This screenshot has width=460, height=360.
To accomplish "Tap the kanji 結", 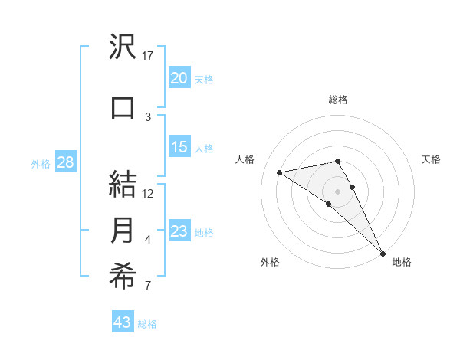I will point(123,185).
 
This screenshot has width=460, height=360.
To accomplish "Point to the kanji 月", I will point(123,231).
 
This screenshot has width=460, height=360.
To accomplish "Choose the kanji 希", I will point(123,277).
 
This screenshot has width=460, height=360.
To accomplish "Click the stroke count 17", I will point(148,56).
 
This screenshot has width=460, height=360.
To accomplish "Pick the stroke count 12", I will point(148,194).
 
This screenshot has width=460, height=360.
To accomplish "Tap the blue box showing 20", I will point(179,78).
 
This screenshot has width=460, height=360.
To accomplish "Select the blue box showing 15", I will point(179,147).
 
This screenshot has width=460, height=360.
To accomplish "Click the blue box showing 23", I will point(179,231).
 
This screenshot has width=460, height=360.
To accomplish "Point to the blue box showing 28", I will point(65,162).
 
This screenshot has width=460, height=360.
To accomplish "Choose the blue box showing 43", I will point(123,322).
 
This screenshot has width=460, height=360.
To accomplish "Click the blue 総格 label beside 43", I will point(148,324).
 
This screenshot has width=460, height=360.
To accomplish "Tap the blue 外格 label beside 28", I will point(40,163).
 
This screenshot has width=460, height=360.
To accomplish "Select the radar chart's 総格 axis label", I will point(337,100).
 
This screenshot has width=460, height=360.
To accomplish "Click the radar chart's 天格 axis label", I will point(431,159).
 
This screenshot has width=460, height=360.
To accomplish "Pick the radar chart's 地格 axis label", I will point(402,262).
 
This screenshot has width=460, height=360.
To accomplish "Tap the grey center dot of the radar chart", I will point(337,191).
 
